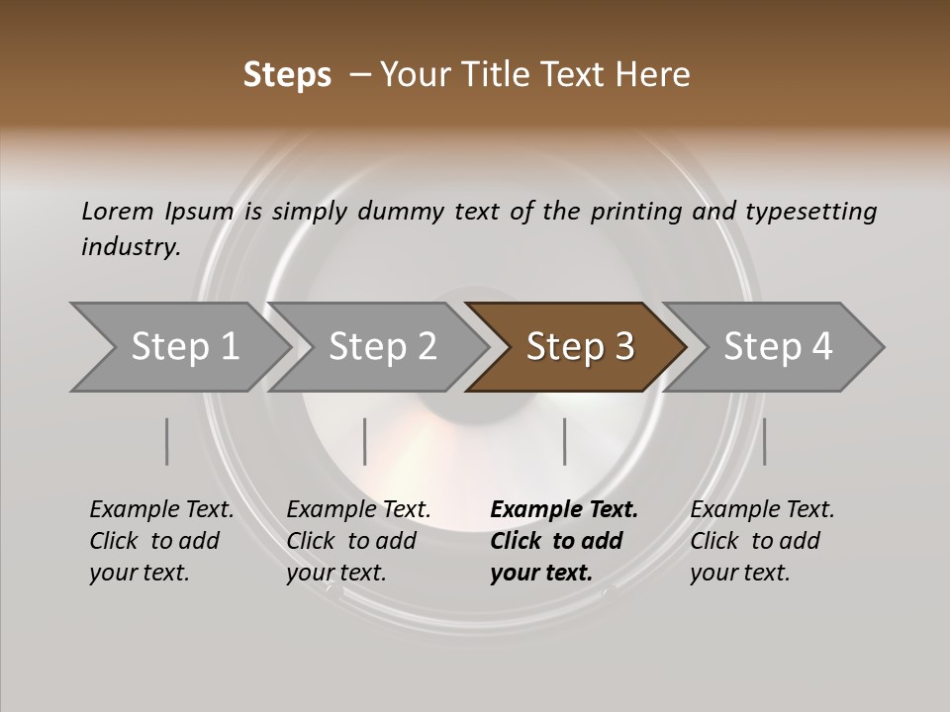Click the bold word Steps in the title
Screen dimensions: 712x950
coord(287,75)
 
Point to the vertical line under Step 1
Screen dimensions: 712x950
coord(167,441)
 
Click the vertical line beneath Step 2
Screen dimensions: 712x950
coord(365,441)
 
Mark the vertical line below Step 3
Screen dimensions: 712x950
coord(565,441)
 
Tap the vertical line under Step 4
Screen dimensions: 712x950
coord(765,441)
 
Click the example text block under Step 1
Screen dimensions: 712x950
coord(161,541)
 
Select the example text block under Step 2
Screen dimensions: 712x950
coord(358,541)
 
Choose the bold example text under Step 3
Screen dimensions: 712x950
coord(563,541)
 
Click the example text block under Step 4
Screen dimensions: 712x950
coord(762,541)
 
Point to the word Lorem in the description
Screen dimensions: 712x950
coord(118,211)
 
